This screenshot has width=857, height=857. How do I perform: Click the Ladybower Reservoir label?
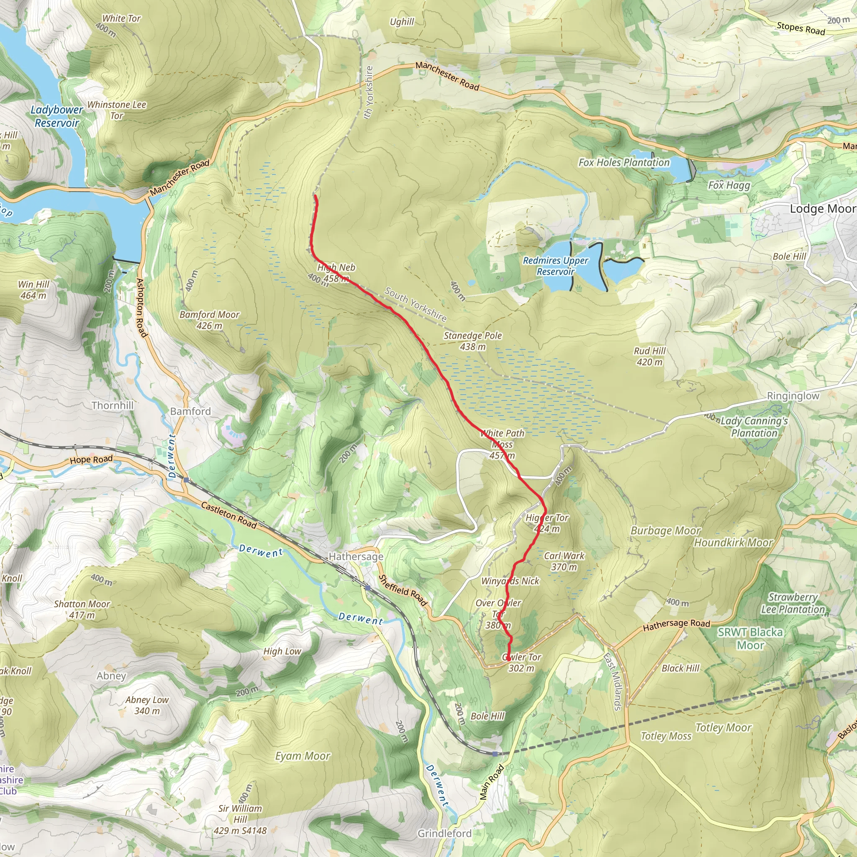tap(57, 116)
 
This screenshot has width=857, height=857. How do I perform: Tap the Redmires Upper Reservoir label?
tap(555, 266)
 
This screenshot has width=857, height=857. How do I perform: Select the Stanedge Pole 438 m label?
tap(473, 341)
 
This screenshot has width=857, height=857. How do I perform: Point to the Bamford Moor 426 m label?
tap(209, 320)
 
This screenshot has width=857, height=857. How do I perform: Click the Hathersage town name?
tap(356, 556)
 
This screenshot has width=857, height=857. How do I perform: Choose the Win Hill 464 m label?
tap(34, 290)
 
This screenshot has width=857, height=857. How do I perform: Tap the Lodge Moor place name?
tap(822, 208)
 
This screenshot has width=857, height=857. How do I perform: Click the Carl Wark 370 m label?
tap(564, 561)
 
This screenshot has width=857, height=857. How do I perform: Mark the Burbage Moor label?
tap(665, 531)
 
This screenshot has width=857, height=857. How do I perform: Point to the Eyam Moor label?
tap(303, 756)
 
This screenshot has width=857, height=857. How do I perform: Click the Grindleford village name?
tap(444, 834)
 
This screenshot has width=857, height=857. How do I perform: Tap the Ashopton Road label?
tap(141, 308)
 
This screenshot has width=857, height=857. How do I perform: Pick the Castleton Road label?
tap(229, 515)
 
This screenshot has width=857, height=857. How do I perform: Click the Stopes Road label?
tap(801, 28)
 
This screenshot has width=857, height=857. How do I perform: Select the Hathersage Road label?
tap(677, 625)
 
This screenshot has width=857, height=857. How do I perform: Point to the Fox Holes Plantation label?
tap(624, 162)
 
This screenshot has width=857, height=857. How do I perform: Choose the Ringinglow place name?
tap(793, 396)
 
